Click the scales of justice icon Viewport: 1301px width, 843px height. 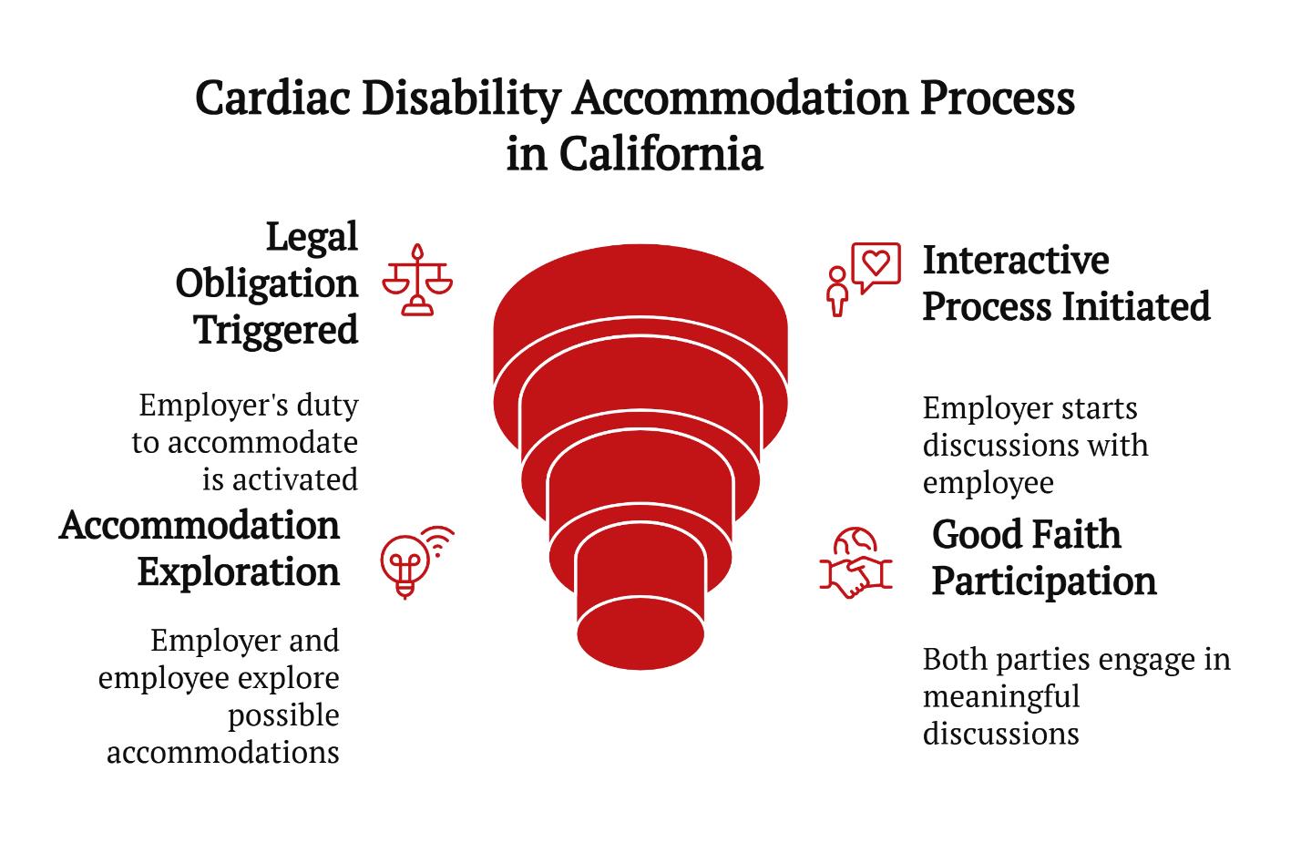pos(417,280)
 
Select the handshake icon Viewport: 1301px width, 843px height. pos(855,562)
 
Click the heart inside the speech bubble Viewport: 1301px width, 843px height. pos(876,262)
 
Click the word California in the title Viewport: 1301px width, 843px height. pos(661,154)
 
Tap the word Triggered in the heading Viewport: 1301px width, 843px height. pos(276,331)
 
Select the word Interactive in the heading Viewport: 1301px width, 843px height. pos(1016,260)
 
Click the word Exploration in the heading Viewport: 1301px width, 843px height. pos(239,573)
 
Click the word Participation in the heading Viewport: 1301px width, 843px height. pos(1044,582)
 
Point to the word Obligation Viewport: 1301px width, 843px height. pos(267,284)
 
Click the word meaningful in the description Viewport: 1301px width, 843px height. pos(1001,696)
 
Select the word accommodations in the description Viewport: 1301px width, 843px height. pos(223,753)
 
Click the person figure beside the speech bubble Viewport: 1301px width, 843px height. pos(837,292)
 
